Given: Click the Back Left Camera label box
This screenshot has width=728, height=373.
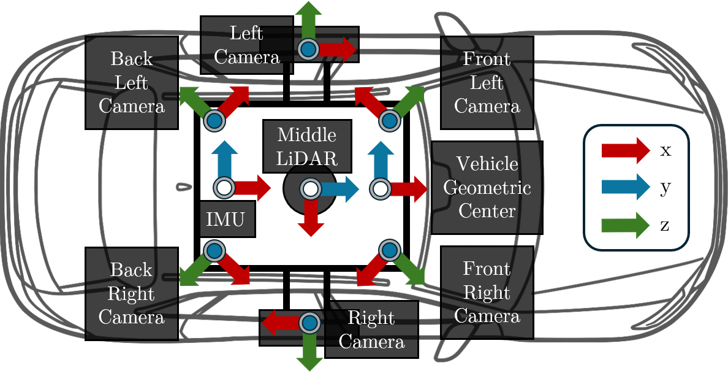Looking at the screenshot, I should pyautogui.click(x=132, y=83).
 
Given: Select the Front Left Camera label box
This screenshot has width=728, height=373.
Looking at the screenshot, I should pyautogui.click(x=487, y=83).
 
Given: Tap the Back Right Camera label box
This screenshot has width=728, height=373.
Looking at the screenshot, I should pyautogui.click(x=132, y=294).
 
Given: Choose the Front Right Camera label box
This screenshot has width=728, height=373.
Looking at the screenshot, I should pyautogui.click(x=487, y=293).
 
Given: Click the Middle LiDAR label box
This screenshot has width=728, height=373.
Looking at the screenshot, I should pyautogui.click(x=308, y=146).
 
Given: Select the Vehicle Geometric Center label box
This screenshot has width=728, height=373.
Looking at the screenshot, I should pyautogui.click(x=487, y=188).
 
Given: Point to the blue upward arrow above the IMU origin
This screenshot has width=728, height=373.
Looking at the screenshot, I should pyautogui.click(x=224, y=158).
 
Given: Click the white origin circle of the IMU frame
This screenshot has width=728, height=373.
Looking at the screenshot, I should pyautogui.click(x=224, y=188).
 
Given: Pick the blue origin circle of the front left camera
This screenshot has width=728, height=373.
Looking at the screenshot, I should pyautogui.click(x=389, y=121).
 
